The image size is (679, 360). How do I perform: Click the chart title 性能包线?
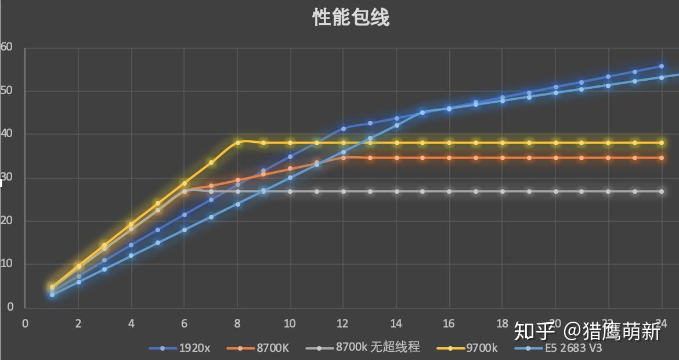pos(351,17)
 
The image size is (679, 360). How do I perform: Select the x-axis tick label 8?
pos(237,323)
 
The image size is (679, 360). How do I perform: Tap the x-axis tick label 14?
pos(396,323)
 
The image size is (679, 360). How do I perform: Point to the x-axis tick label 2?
pos(78,323)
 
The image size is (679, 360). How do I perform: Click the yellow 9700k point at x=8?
pos(237,142)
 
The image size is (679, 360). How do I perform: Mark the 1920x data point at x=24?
pos(662,66)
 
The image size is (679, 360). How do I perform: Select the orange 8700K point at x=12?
pos(344,157)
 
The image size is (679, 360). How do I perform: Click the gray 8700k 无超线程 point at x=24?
pos(662,191)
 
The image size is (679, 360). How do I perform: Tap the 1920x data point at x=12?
pos(344,128)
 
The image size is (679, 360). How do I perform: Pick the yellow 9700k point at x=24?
pos(662,142)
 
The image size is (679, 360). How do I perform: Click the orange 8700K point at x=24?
pos(662,157)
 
